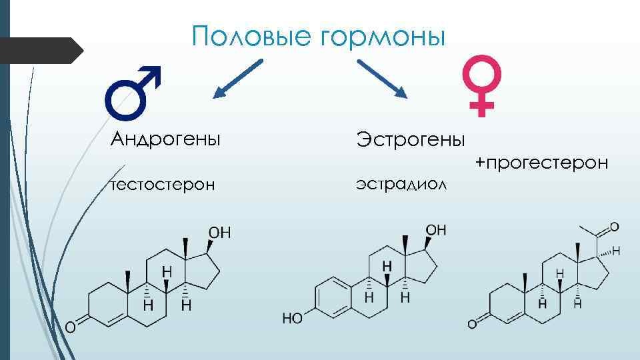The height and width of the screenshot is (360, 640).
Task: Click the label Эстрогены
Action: coord(411,139)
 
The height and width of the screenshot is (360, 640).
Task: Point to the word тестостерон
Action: coord(163,183)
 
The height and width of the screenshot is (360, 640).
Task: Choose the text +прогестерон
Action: coord(541,162)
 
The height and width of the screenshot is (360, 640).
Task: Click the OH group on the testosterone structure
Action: coord(219,233)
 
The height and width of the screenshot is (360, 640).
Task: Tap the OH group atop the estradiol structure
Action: coord(436,230)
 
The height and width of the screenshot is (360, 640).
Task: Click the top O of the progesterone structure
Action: coord(614,226)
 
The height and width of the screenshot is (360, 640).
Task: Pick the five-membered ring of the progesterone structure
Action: coord(597,273)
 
